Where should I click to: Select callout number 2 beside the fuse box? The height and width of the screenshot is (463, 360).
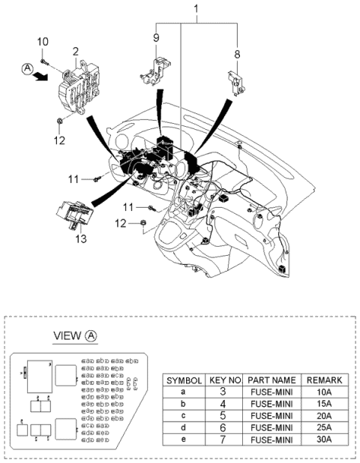(x=75, y=51)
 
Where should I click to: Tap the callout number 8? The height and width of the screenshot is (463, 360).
(x=238, y=54)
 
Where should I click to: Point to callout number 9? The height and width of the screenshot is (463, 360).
(x=157, y=38)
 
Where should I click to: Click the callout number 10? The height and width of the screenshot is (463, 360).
(x=43, y=41)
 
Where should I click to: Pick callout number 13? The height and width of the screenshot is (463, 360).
(x=80, y=239)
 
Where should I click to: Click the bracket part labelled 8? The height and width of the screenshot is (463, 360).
(x=235, y=81)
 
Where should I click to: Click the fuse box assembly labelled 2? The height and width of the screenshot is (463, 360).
(x=80, y=89)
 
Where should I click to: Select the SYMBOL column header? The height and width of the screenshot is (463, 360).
(x=184, y=380)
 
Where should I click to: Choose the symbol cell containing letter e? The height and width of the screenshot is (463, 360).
(x=184, y=439)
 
